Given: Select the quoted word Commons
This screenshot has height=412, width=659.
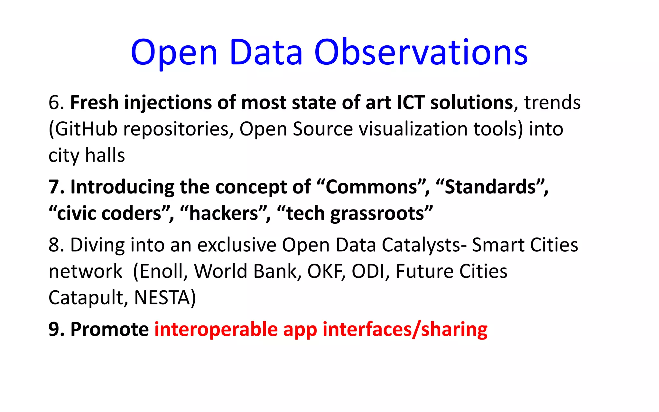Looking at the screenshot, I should [x=372, y=187].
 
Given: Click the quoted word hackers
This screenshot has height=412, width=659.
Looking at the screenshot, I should [x=224, y=213].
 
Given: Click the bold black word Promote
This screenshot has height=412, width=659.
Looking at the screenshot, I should [x=109, y=330].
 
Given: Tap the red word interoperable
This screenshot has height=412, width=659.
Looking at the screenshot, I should [x=216, y=330].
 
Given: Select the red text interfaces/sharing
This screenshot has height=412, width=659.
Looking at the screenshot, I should [x=405, y=330].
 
